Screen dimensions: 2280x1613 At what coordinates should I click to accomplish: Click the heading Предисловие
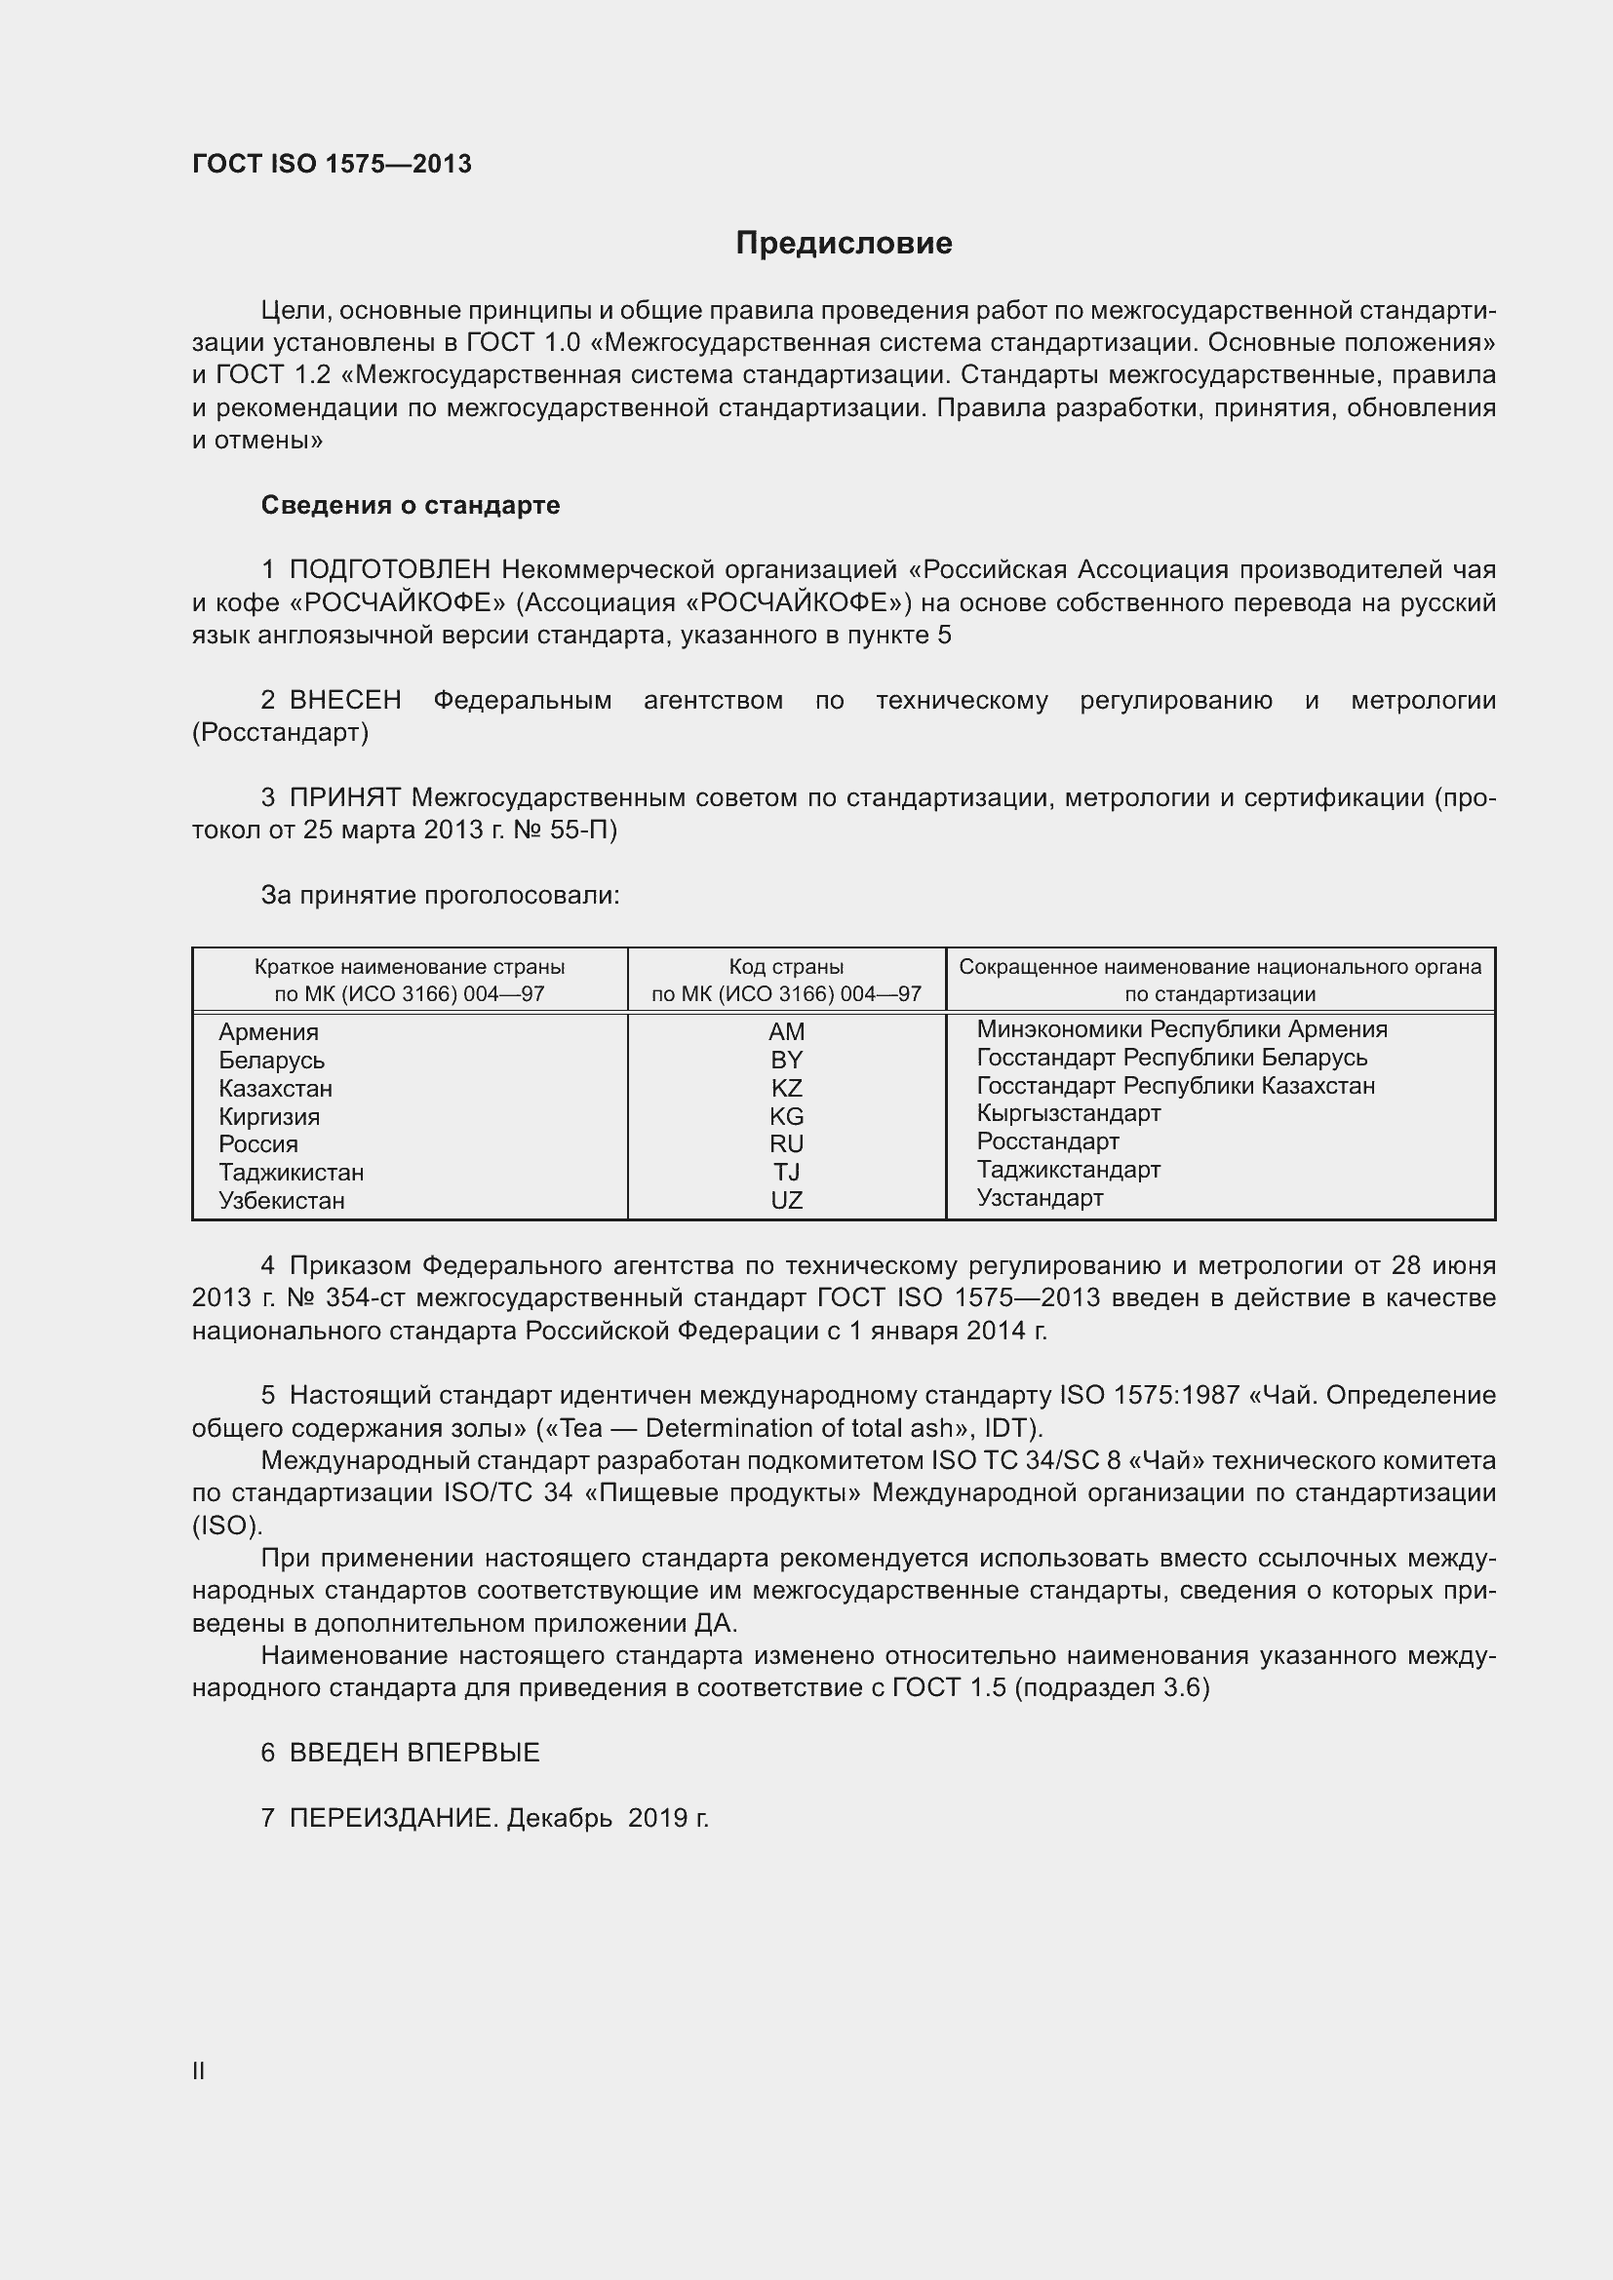844,244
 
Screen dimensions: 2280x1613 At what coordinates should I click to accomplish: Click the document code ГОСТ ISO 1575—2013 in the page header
332,164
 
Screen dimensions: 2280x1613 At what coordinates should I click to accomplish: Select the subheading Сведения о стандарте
411,506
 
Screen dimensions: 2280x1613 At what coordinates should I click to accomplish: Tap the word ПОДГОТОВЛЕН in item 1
390,570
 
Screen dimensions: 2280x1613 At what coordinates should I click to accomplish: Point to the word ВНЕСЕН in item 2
344,700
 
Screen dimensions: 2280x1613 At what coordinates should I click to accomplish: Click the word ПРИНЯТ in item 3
344,797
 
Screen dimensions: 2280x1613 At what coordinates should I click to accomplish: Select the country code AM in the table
786,1031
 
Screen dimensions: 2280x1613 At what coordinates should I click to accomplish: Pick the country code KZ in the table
786,1089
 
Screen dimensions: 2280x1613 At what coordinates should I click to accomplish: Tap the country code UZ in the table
786,1201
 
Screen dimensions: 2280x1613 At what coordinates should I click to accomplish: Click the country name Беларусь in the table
271,1061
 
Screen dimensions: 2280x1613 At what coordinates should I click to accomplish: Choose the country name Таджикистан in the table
291,1173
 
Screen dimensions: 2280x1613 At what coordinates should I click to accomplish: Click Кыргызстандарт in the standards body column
1068,1113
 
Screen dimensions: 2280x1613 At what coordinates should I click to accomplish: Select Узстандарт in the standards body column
1039,1198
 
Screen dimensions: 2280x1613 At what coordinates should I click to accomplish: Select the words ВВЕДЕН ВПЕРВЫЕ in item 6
414,1753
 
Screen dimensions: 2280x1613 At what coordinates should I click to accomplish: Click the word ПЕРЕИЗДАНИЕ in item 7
392,1818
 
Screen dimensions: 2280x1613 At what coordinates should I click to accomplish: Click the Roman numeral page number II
199,2070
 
